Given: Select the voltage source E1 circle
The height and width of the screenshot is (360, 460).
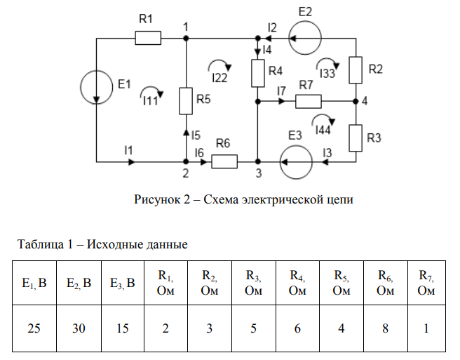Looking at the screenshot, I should [95, 86].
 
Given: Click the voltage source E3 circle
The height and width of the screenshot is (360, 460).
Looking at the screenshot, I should [293, 162].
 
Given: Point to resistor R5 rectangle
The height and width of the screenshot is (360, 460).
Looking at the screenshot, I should [186, 100].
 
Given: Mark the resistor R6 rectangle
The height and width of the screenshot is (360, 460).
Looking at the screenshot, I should [224, 162].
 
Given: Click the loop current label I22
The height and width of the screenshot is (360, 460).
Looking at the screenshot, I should [219, 78].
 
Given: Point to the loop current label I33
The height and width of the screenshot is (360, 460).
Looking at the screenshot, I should [327, 72].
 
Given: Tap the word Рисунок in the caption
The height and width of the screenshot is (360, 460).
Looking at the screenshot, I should [156, 200].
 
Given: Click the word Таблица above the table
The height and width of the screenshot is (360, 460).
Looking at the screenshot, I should [36, 245].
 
